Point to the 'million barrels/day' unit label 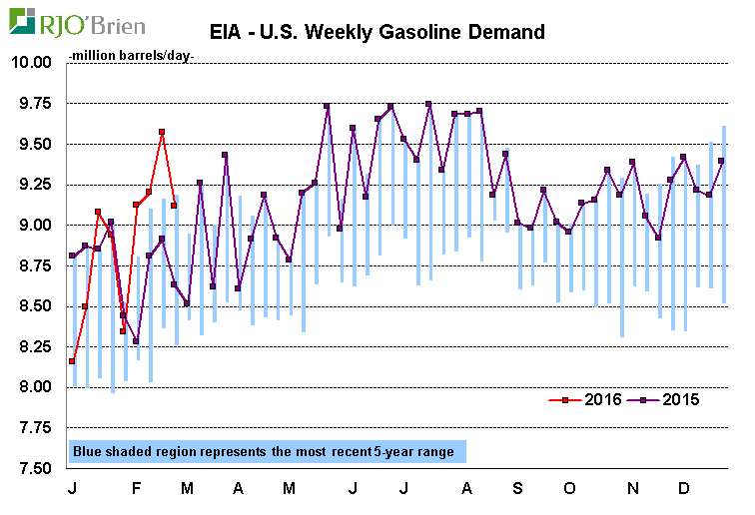pyautogui.click(x=131, y=55)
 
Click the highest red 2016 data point pyautogui.click(x=162, y=132)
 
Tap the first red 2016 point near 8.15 pyautogui.click(x=72, y=361)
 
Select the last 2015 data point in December pyautogui.click(x=722, y=161)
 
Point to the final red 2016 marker pyautogui.click(x=174, y=206)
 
